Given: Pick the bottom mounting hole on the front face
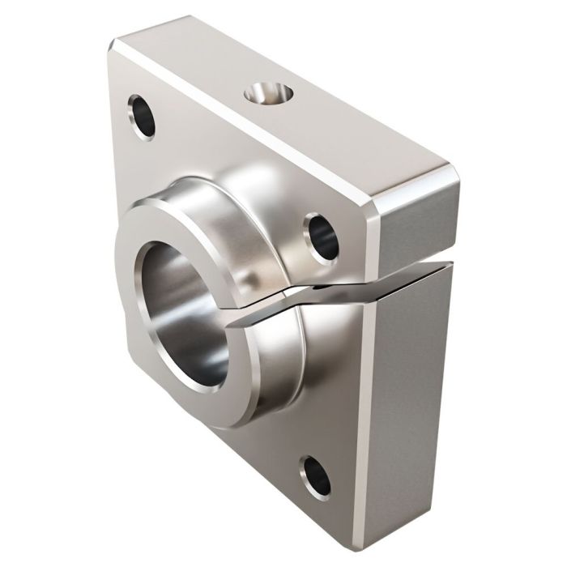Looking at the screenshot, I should click(315, 477).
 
